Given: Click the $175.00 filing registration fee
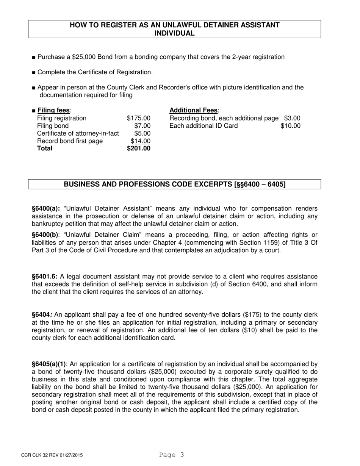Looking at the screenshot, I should point(139,118).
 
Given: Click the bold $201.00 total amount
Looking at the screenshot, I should point(139,149).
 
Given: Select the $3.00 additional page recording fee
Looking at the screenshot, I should point(292,118).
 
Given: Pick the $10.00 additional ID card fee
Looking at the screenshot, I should point(290,126).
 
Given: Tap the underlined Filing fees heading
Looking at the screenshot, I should point(54,110).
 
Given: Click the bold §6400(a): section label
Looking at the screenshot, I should point(46,209).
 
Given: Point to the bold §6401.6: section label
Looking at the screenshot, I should point(45,277).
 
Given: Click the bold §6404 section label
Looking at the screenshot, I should point(42,315).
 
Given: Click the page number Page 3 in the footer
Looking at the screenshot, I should point(172,455).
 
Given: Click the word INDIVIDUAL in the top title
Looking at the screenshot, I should point(174,33).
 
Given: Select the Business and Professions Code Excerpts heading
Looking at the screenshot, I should point(175,184).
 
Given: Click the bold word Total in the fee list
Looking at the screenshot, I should point(45,149).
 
